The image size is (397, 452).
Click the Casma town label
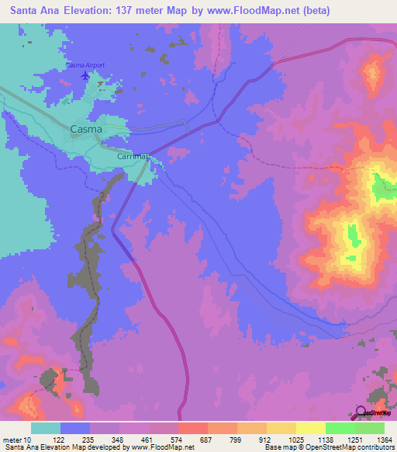click(86, 130)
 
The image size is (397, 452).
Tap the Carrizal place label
click(133, 156)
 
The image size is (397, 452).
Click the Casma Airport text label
click(85, 65)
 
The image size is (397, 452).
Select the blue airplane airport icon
click(85, 76)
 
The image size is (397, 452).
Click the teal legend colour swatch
click(46, 428)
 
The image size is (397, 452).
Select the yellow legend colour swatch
click(310, 428)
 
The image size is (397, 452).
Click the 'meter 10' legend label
click(17, 440)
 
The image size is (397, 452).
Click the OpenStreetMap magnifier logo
click(361, 412)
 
